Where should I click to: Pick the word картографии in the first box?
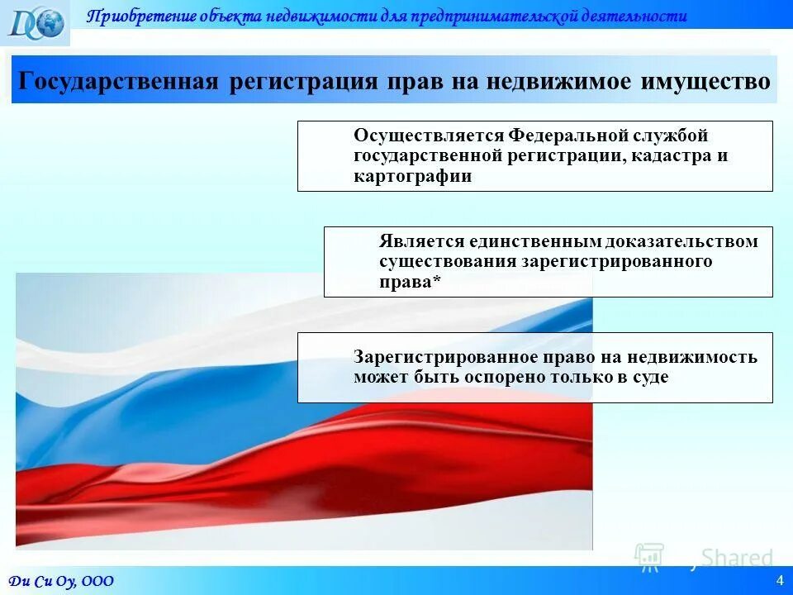click(x=412, y=176)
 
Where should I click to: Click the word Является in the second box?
click(x=421, y=241)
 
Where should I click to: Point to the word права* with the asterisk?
click(x=410, y=282)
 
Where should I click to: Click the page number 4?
click(x=779, y=580)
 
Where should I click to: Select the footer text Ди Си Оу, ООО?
click(x=62, y=581)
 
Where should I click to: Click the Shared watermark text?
click(x=737, y=558)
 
